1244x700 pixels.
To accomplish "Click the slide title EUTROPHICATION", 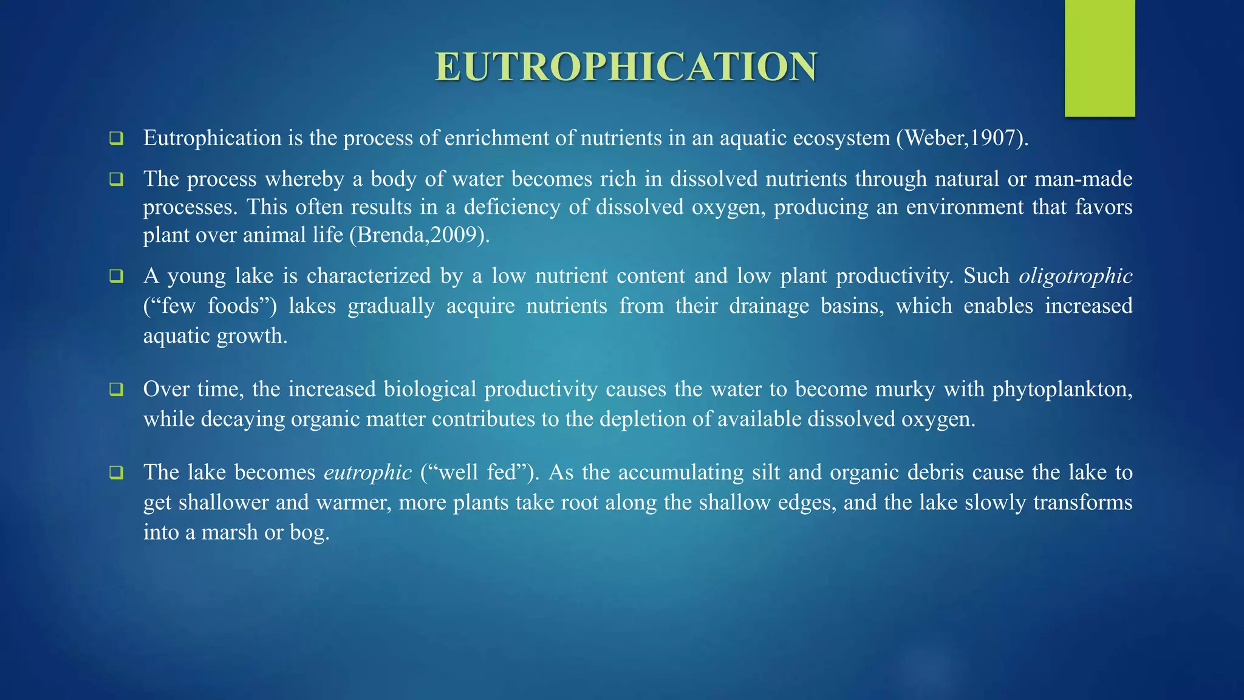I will [626, 67].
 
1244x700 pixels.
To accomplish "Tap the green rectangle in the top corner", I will [1099, 58].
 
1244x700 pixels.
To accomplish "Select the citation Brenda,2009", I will [419, 235].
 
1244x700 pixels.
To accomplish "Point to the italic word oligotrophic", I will [1075, 276].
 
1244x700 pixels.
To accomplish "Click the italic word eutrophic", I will [367, 473].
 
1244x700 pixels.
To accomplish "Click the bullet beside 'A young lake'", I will [116, 276].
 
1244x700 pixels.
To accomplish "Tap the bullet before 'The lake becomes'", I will [116, 473].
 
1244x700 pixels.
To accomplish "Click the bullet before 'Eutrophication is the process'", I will [116, 139].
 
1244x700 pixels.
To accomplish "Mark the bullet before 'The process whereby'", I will [116, 179].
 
